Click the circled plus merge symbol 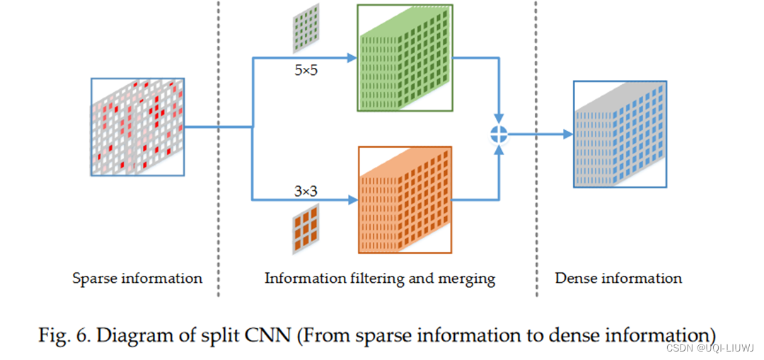[x=500, y=133]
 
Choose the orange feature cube [x=404, y=200]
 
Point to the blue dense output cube [x=620, y=134]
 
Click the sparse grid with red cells [x=137, y=127]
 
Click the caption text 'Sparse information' [x=137, y=278]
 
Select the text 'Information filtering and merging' [x=380, y=278]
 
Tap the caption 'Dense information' [x=618, y=278]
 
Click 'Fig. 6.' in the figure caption [x=64, y=335]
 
